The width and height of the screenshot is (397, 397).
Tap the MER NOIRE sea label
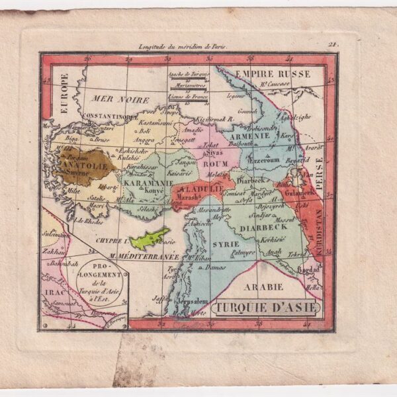pos(112,99)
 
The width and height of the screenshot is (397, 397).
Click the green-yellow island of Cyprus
pos(150,236)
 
